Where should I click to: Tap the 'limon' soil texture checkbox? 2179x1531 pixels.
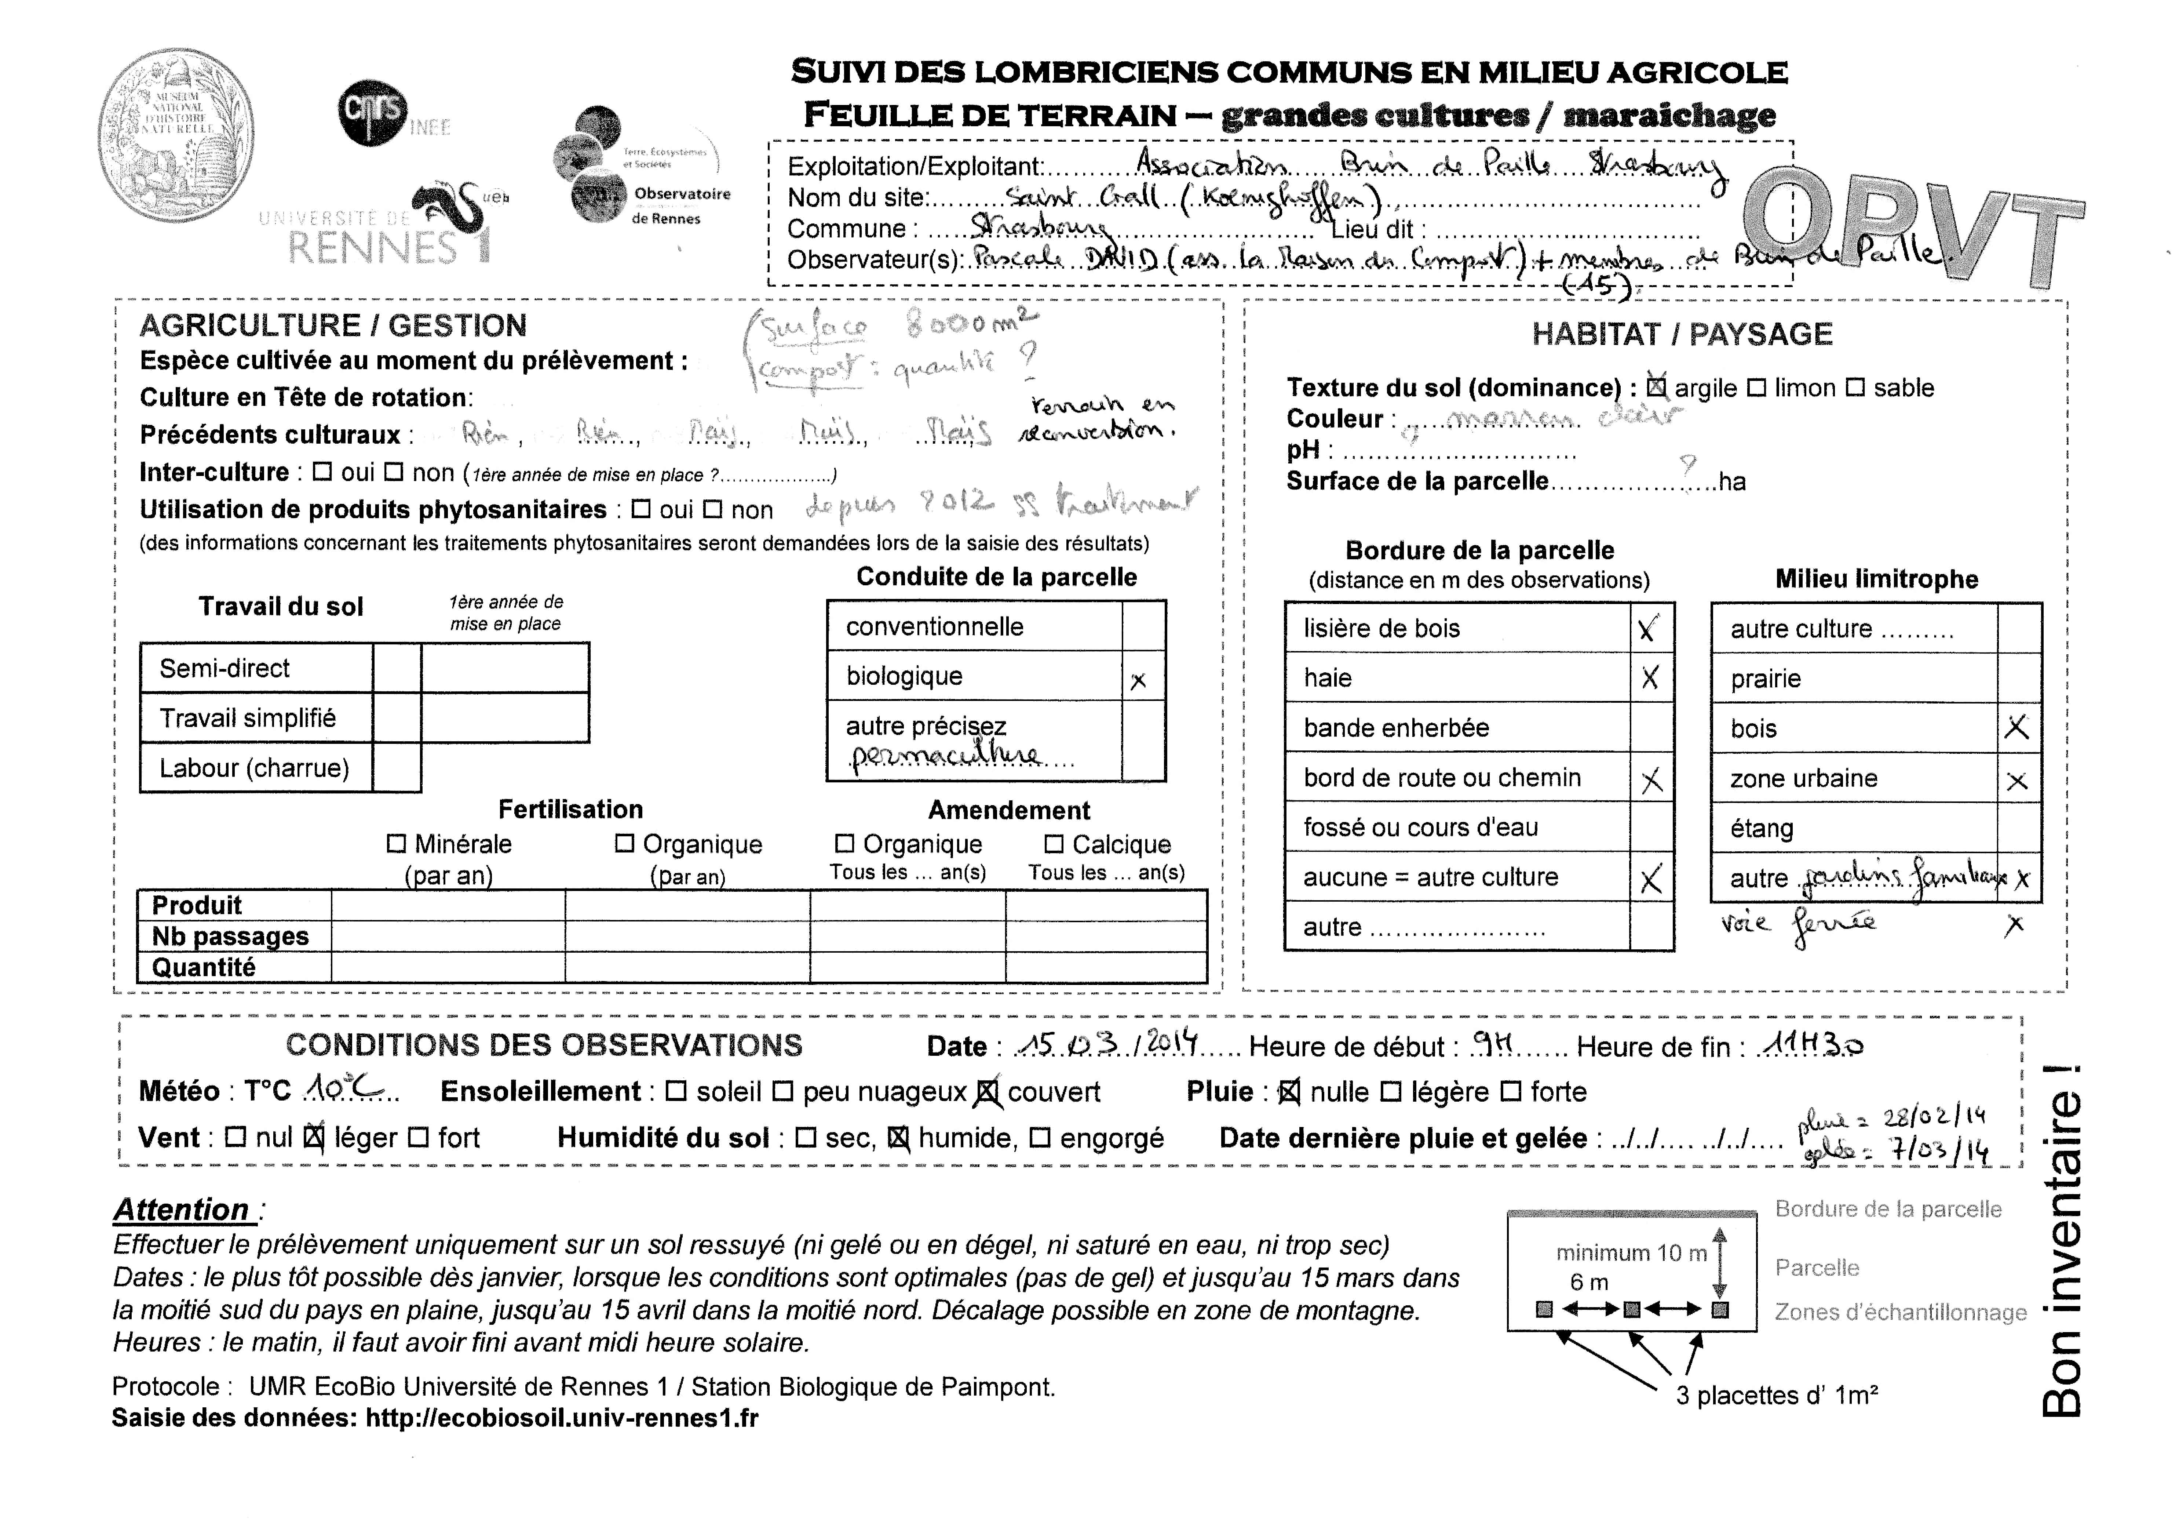1757,387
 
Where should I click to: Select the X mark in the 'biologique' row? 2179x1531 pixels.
1139,680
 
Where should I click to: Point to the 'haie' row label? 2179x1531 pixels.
1328,678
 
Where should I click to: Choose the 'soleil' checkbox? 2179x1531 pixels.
676,1091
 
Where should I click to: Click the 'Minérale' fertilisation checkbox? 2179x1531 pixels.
397,843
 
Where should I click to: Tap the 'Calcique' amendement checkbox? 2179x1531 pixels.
1054,843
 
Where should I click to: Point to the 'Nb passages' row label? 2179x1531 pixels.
231,936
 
